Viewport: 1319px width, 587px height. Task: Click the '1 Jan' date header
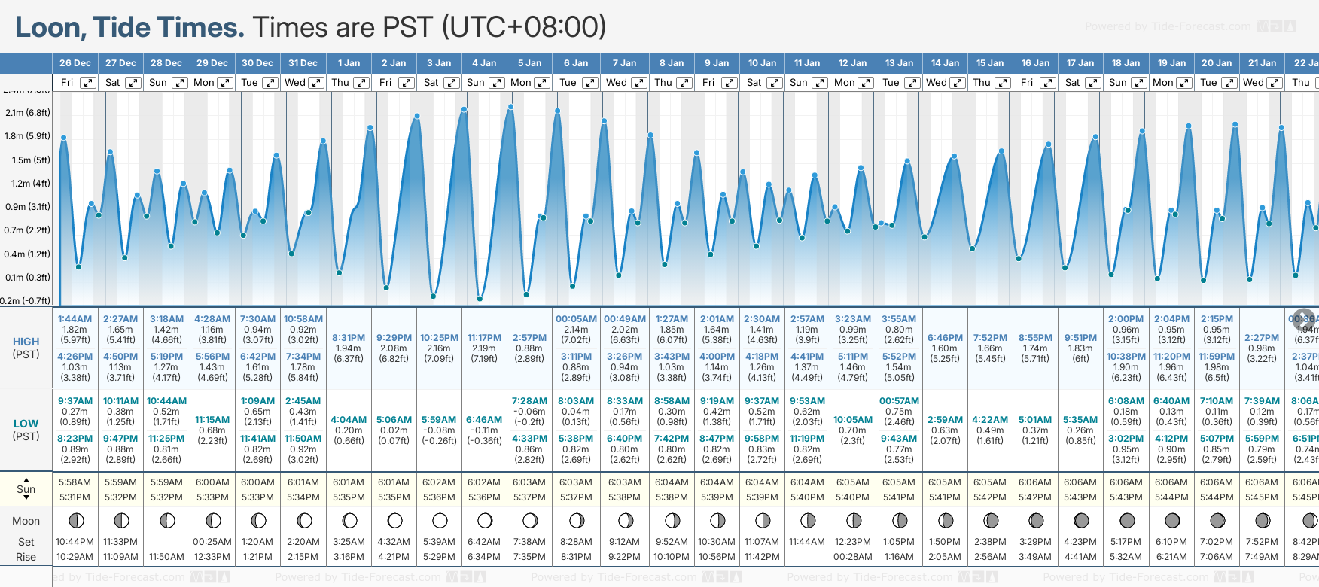(x=349, y=63)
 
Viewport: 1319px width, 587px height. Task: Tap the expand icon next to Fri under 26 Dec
(x=88, y=83)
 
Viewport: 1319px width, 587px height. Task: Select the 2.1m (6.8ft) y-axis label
(x=28, y=113)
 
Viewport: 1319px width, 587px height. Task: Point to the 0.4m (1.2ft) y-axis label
(x=28, y=254)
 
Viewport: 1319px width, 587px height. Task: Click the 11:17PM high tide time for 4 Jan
(x=484, y=338)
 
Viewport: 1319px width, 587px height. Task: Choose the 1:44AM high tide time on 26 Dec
(x=75, y=319)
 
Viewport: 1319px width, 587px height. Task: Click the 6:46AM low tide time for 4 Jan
(x=484, y=420)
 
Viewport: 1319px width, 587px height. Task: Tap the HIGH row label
(x=26, y=342)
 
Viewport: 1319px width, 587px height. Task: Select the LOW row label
(x=26, y=424)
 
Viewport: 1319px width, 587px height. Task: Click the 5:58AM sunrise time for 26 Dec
(x=75, y=482)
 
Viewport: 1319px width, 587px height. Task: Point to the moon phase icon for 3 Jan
(x=440, y=520)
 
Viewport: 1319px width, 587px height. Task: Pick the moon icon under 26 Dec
(x=75, y=520)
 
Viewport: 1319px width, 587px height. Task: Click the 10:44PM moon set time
(x=75, y=542)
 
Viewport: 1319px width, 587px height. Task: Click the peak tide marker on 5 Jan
(x=511, y=107)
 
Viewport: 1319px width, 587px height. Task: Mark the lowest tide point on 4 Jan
(x=480, y=298)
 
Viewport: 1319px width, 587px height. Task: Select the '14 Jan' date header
(x=945, y=63)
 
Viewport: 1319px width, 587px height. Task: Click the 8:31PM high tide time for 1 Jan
(x=349, y=338)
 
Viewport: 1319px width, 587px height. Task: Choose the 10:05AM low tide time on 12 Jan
(x=853, y=420)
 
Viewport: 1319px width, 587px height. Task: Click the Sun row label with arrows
(x=26, y=489)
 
